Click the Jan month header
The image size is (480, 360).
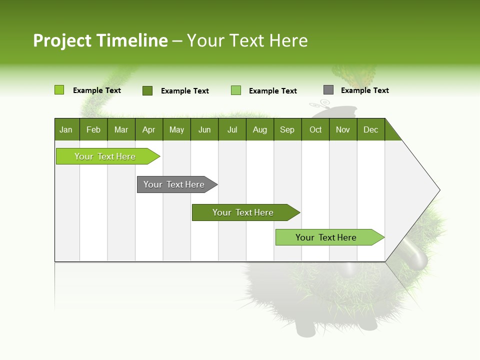point(66,129)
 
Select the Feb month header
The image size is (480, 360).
point(93,129)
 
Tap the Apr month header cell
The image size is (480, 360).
point(149,129)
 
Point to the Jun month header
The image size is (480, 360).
point(204,129)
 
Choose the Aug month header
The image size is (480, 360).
point(260,129)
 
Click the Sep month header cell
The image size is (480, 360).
point(287,129)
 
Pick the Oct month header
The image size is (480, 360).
point(315,129)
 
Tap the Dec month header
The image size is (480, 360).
point(371,129)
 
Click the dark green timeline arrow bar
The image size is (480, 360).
point(243,212)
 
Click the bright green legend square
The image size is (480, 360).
point(59,90)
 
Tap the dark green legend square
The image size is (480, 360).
point(147,90)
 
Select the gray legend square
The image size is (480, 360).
point(328,90)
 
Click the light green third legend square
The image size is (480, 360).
point(236,90)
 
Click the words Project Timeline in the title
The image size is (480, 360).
point(100,40)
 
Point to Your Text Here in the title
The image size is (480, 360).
point(247,40)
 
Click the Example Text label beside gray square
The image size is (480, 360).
point(364,90)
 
